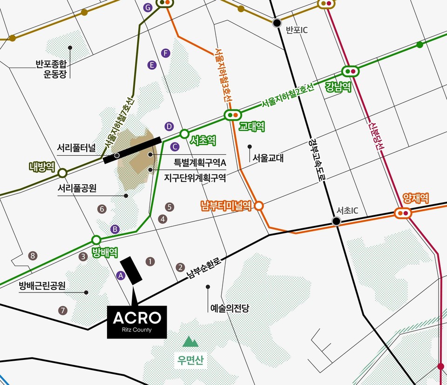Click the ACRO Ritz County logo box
[137, 322]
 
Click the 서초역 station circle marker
[184, 133]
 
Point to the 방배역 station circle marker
[96, 240]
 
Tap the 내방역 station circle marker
[62, 173]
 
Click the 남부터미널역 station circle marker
[259, 206]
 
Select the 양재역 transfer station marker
[403, 213]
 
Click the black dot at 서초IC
[337, 222]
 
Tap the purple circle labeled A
[121, 276]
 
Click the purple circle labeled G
[148, 7]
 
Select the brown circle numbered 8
[32, 255]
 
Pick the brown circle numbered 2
[180, 267]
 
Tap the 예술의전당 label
[230, 308]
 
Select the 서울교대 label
[268, 158]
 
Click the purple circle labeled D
[169, 126]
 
